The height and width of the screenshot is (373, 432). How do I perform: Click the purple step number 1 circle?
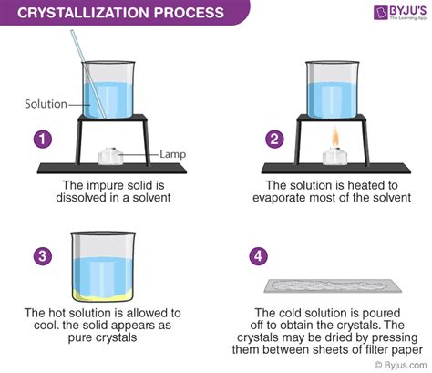coord(39,140)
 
